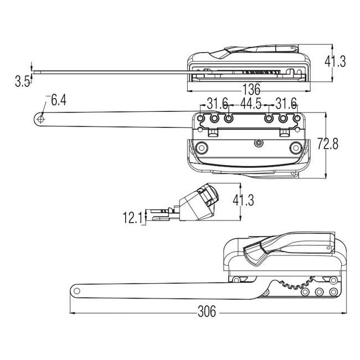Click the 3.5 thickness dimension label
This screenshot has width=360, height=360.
(x=23, y=81)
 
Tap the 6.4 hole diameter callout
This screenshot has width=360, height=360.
(x=58, y=100)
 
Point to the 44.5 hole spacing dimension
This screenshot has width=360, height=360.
(x=252, y=104)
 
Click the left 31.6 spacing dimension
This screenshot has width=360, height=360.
(x=217, y=104)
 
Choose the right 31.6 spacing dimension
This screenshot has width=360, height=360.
(x=286, y=104)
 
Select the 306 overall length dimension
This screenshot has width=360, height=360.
(x=207, y=311)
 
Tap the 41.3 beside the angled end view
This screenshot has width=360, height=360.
(x=243, y=200)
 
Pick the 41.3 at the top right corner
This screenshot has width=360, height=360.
(x=335, y=61)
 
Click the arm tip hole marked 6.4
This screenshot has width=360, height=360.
(x=41, y=118)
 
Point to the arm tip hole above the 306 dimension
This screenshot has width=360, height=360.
(x=77, y=290)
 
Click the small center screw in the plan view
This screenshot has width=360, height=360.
(x=258, y=143)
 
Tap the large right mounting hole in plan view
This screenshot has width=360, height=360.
(x=295, y=148)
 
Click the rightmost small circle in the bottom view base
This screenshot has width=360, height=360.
(x=333, y=292)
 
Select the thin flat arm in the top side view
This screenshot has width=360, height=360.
(x=111, y=71)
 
